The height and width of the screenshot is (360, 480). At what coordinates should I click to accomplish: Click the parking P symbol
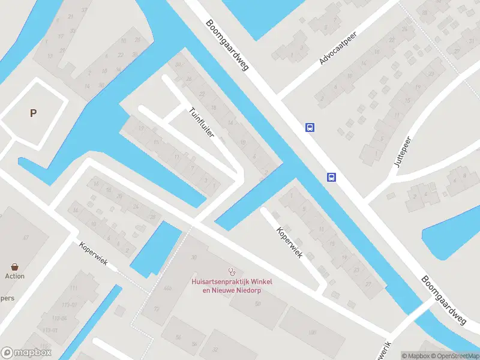click(x=33, y=113)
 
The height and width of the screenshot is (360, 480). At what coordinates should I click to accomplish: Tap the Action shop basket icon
click(x=14, y=266)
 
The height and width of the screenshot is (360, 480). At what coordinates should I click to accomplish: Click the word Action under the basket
click(x=14, y=276)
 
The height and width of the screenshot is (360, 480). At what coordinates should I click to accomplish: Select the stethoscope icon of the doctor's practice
click(x=231, y=272)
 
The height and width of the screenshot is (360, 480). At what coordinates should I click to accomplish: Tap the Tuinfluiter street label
click(x=201, y=122)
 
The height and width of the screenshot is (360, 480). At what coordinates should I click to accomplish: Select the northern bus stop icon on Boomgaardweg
click(x=310, y=127)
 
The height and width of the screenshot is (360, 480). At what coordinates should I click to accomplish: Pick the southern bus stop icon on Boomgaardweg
click(x=331, y=176)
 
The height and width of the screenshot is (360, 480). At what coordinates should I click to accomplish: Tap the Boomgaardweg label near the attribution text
click(x=444, y=301)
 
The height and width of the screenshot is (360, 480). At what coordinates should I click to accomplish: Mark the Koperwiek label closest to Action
click(x=93, y=254)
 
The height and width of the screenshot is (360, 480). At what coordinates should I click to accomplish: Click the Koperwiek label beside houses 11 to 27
click(x=289, y=242)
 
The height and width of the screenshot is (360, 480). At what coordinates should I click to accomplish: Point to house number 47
click(x=26, y=238)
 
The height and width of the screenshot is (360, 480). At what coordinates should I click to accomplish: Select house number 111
click(x=74, y=288)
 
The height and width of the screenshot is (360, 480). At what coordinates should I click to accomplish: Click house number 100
click(x=312, y=332)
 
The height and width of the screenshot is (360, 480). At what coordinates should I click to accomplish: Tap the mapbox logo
click(x=26, y=353)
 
